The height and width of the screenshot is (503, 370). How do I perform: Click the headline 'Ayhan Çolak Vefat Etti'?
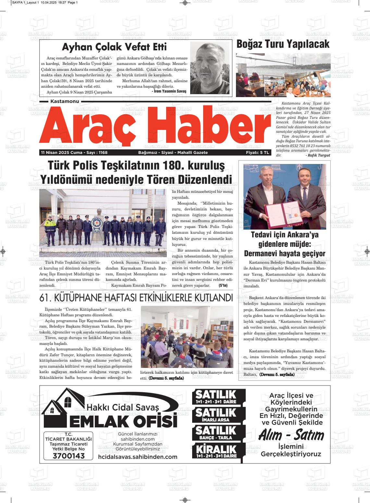coord(114,47)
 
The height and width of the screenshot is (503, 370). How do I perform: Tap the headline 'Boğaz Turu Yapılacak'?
coord(283,44)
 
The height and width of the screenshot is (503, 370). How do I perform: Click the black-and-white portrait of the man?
coord(210,68)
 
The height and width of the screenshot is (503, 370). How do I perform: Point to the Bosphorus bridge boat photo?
coord(283,75)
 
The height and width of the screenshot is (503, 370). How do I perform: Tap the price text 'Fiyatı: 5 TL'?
coord(257,153)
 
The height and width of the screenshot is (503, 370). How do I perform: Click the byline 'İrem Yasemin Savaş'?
coord(169,91)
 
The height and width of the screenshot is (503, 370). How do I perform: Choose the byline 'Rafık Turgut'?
coord(318,155)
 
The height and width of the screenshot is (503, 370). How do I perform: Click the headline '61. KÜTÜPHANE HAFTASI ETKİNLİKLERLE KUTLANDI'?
coord(136,298)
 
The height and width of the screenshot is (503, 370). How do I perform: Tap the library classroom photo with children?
coord(187,337)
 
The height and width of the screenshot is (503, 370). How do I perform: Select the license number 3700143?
coord(68,456)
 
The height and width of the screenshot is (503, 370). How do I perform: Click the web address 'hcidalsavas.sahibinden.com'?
coord(138,457)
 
